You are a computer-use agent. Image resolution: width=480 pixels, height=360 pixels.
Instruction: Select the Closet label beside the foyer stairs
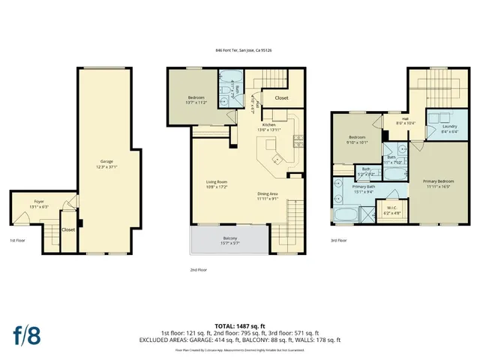coord(67,230)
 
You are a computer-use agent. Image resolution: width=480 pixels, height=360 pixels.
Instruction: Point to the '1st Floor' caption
coord(18,241)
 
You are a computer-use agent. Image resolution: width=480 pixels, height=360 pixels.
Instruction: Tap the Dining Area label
coord(268,196)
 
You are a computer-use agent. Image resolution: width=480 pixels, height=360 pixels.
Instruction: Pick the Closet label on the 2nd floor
coord(281,97)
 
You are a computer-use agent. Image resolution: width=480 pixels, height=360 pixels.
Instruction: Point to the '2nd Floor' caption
coord(198,269)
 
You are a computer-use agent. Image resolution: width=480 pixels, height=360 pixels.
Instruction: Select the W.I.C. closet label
coord(391,210)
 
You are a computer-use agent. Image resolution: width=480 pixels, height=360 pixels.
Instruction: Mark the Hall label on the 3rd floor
coord(404,120)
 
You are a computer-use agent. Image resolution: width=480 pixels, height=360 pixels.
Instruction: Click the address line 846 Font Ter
coord(239,51)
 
